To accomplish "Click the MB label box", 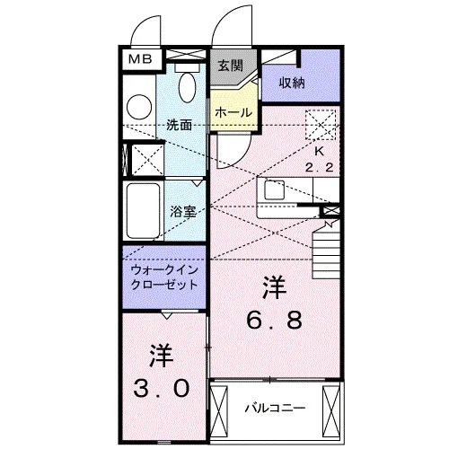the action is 140,59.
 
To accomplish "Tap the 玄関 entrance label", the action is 230,66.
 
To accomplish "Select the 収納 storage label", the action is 292,83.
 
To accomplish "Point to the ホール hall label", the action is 233,113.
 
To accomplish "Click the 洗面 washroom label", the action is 179,125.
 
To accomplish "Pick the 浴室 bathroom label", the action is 183,212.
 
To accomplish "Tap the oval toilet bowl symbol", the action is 187,87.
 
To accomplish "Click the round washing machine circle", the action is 139,107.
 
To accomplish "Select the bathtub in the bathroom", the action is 143,210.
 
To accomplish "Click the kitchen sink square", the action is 274,190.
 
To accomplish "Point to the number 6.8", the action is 274,320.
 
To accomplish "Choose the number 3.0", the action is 162,388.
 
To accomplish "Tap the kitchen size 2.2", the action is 319,167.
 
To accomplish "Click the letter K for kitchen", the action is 320,152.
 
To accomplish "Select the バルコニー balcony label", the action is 275,408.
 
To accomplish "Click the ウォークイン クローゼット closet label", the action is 164,277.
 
